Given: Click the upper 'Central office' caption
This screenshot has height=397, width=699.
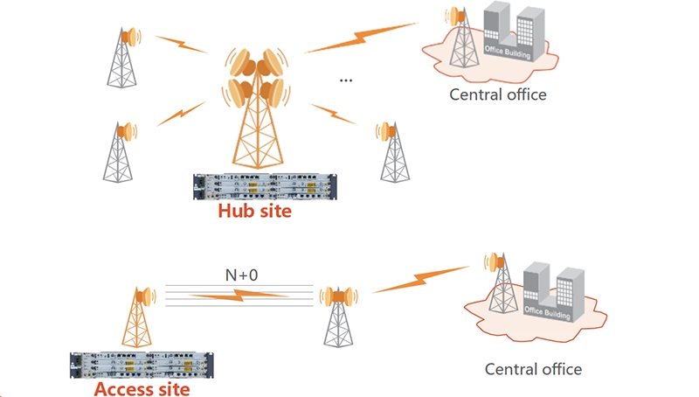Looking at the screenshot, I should [x=497, y=94].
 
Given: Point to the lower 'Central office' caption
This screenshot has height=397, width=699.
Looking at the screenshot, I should [x=533, y=368].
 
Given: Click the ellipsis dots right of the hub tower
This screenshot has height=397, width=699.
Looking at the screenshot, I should [x=345, y=80].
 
